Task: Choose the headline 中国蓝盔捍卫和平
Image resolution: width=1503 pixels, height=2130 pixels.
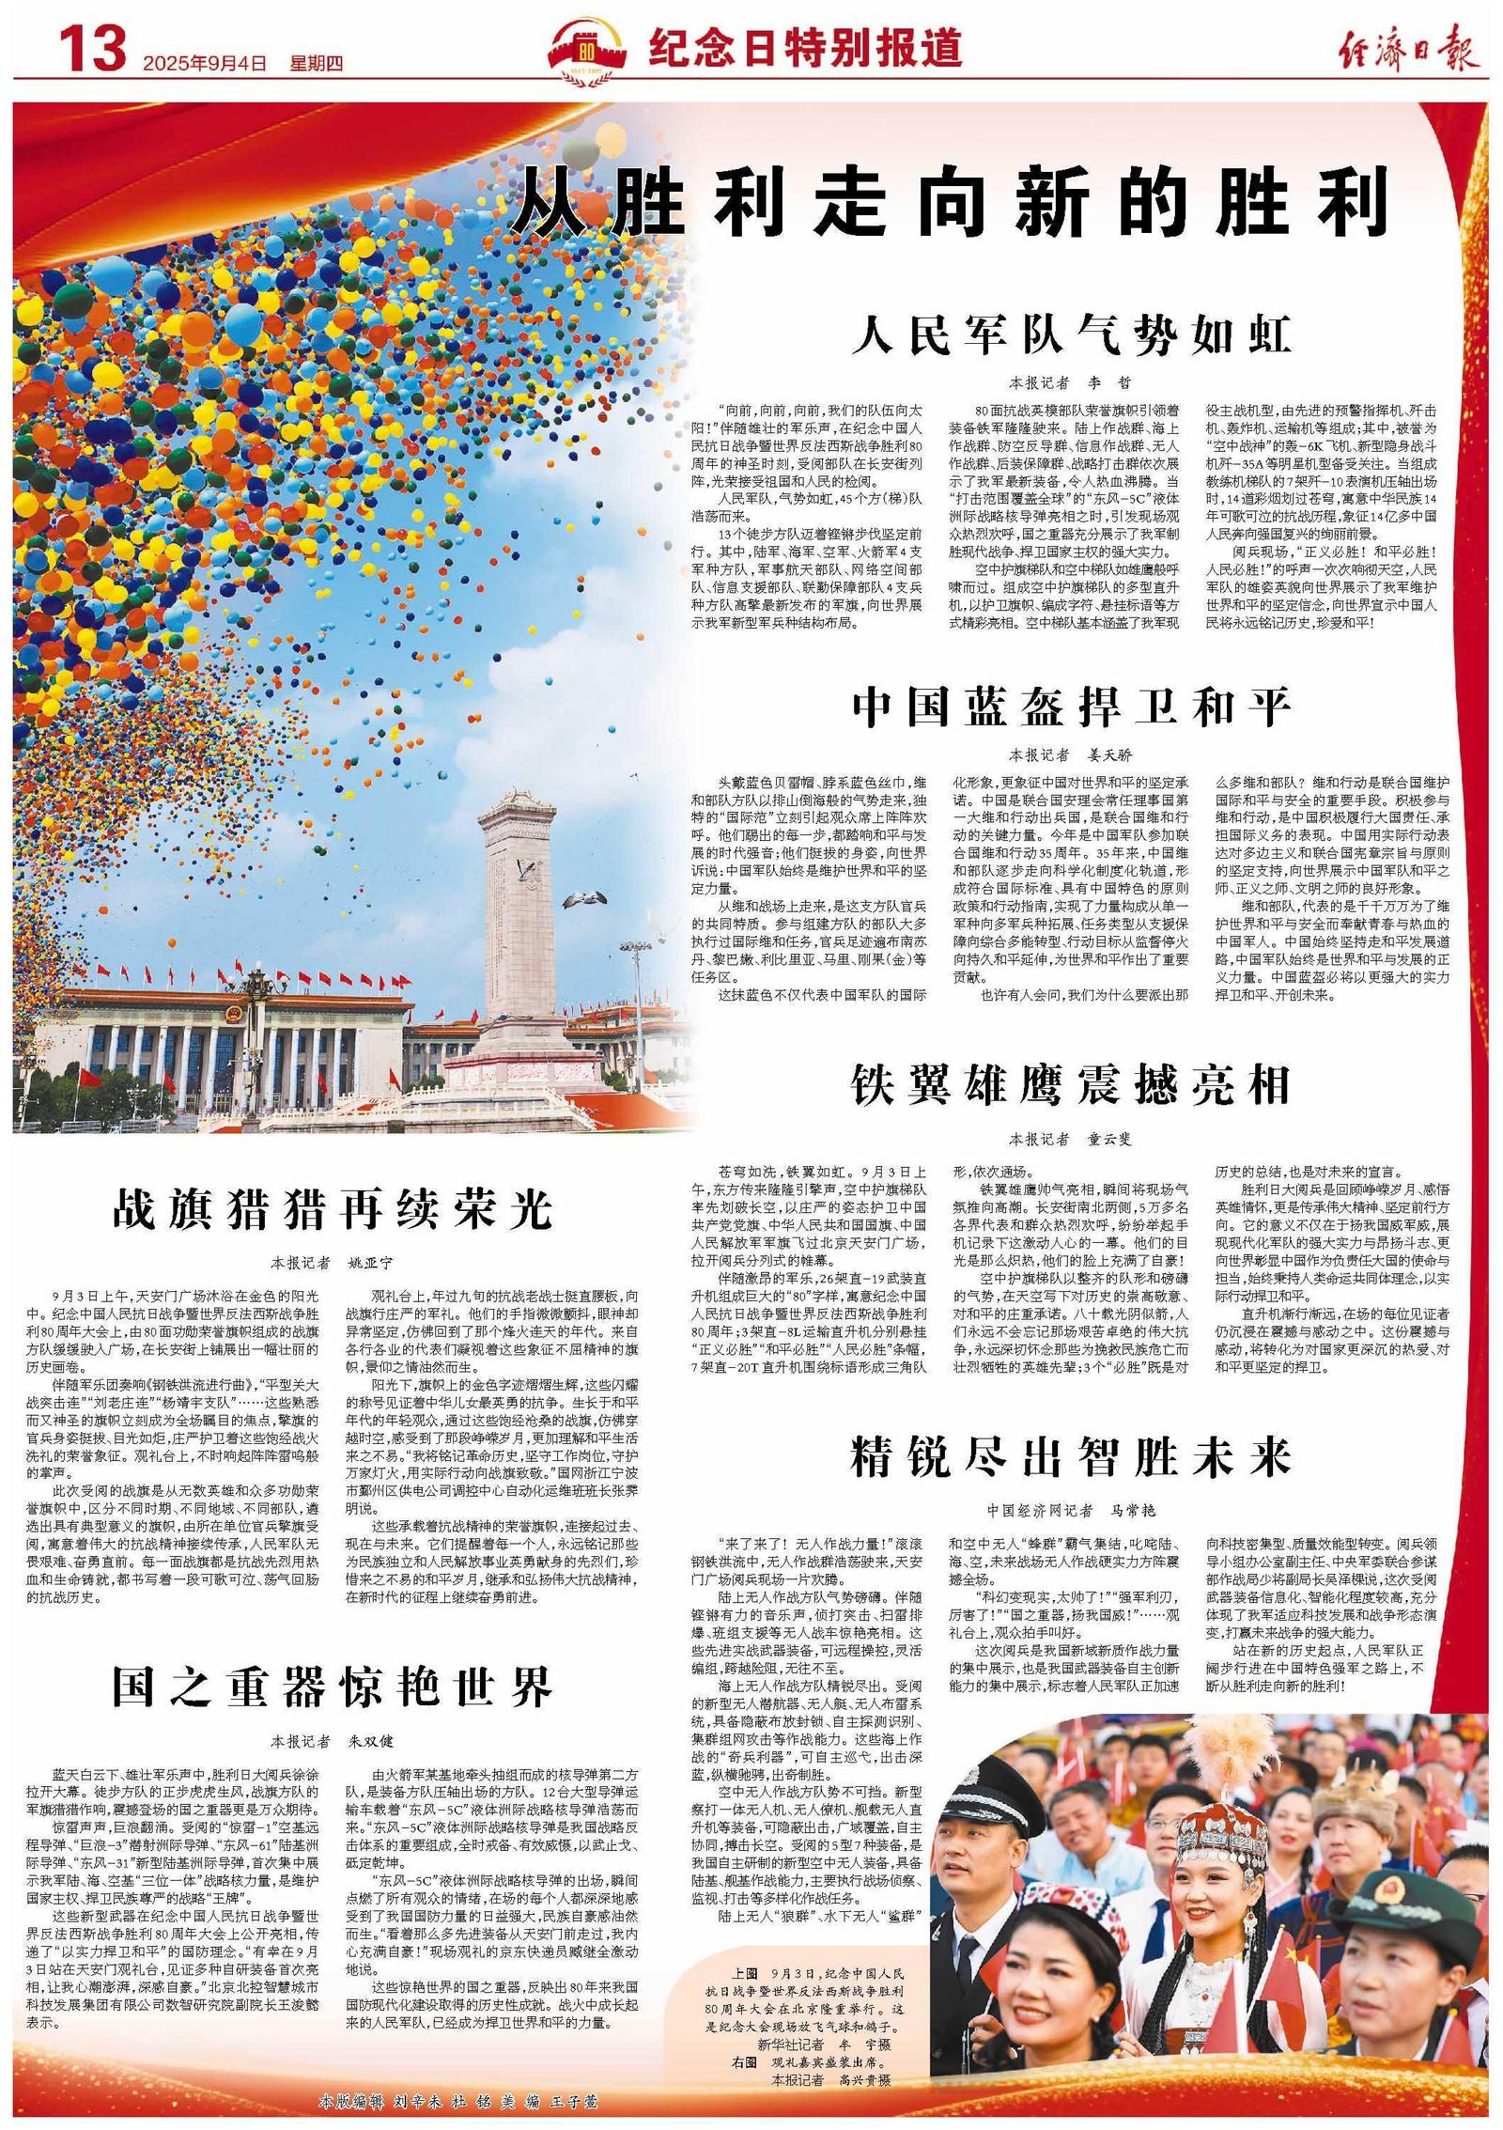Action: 1071,707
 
